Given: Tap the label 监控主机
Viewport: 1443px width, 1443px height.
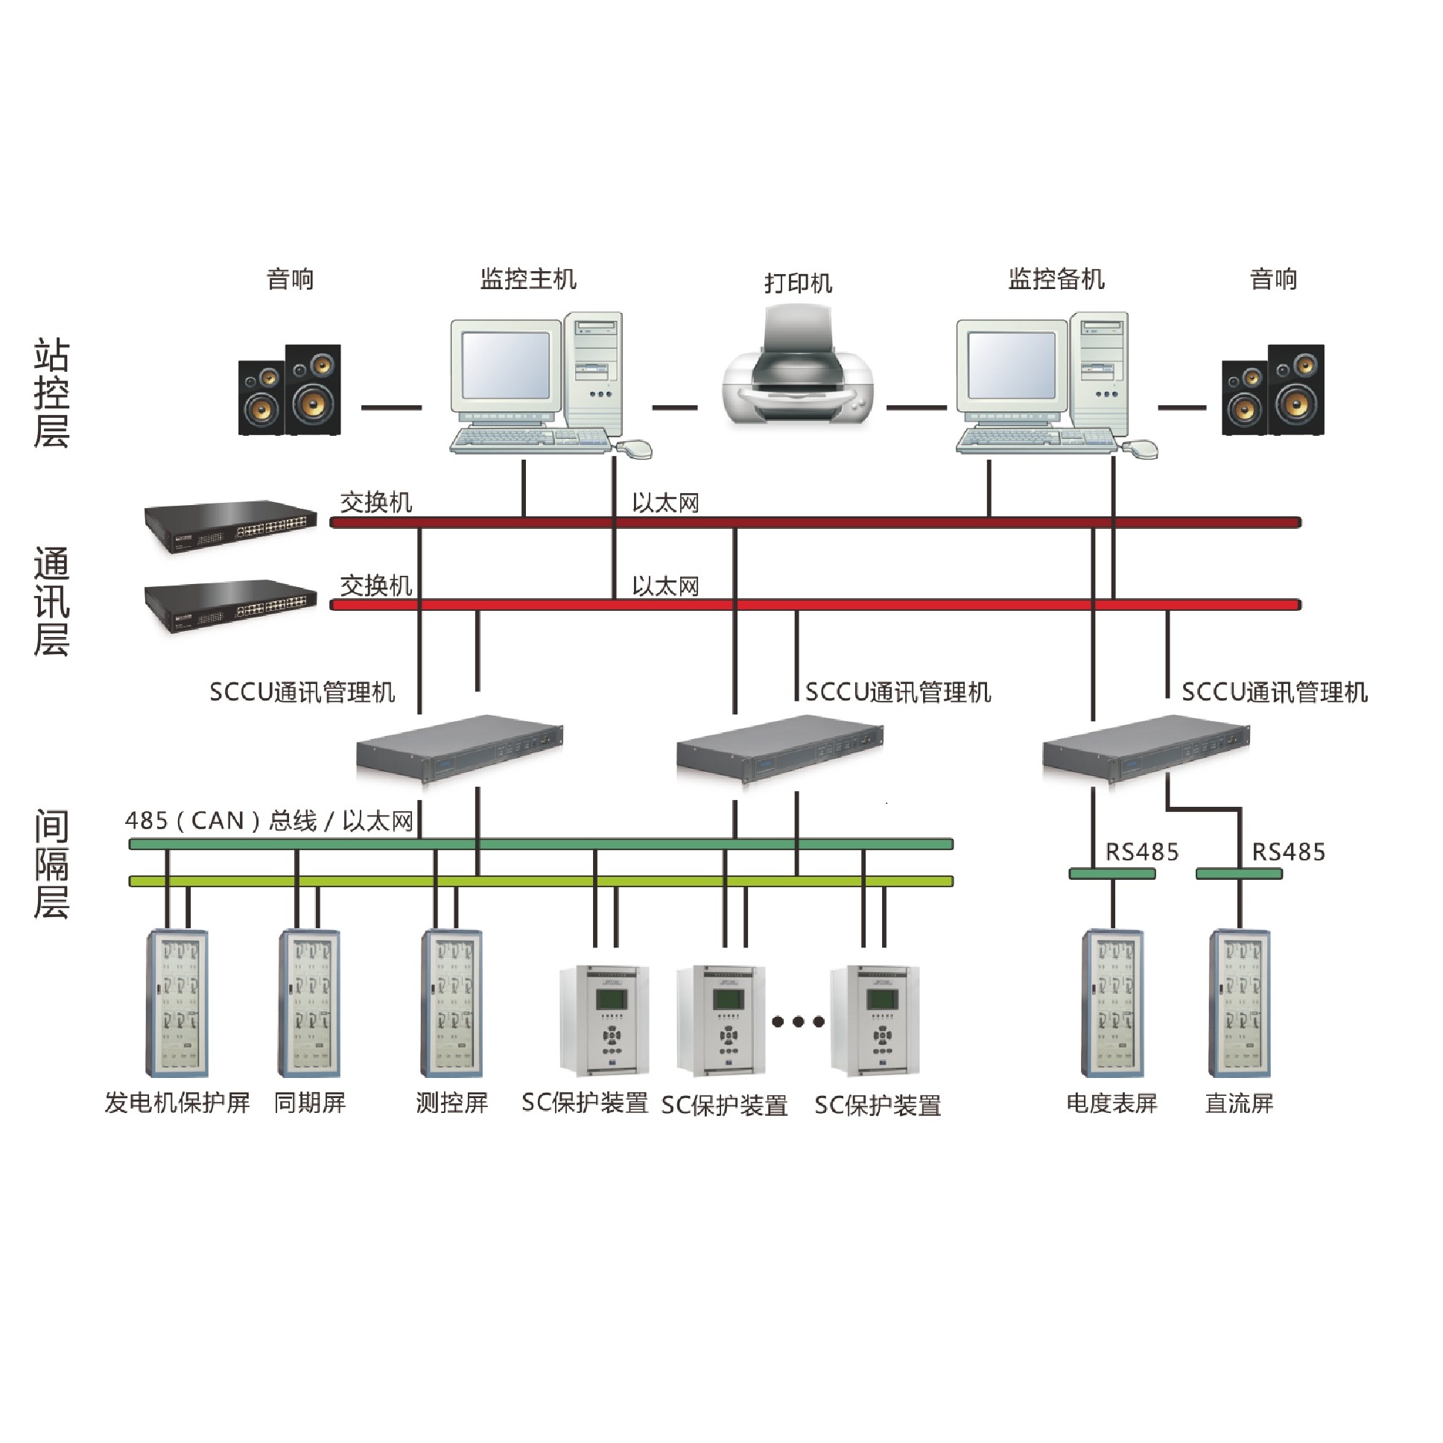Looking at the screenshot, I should coord(528,279).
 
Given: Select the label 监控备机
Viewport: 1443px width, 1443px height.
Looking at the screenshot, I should coord(1056,279).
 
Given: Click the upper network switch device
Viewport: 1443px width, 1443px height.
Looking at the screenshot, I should coord(230,526).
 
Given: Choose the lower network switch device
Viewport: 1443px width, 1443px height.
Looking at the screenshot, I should coord(230,606).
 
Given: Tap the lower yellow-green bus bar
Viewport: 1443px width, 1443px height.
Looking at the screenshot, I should coord(541,881).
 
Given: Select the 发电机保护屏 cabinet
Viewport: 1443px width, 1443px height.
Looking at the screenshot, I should coord(177,1002).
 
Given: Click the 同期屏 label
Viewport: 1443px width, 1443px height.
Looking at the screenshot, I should coord(310,1103).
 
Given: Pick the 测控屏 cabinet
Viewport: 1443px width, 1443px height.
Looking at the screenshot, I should coord(451,1002).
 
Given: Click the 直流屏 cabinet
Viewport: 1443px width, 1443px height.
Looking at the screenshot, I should coord(1239,1002).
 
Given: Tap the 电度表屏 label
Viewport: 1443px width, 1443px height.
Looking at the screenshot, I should coord(1111,1103).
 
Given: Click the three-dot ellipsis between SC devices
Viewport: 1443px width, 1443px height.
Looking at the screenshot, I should coord(798,1021).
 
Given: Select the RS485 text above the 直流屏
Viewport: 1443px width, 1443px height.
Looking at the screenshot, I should coord(1287,851).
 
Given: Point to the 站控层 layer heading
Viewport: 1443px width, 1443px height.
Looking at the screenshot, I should coord(51,393).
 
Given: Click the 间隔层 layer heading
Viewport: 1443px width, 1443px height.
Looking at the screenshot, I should coord(51,864).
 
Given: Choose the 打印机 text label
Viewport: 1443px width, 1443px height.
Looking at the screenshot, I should coord(798,283).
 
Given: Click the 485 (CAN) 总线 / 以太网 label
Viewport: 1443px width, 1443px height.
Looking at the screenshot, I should coord(269,821).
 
